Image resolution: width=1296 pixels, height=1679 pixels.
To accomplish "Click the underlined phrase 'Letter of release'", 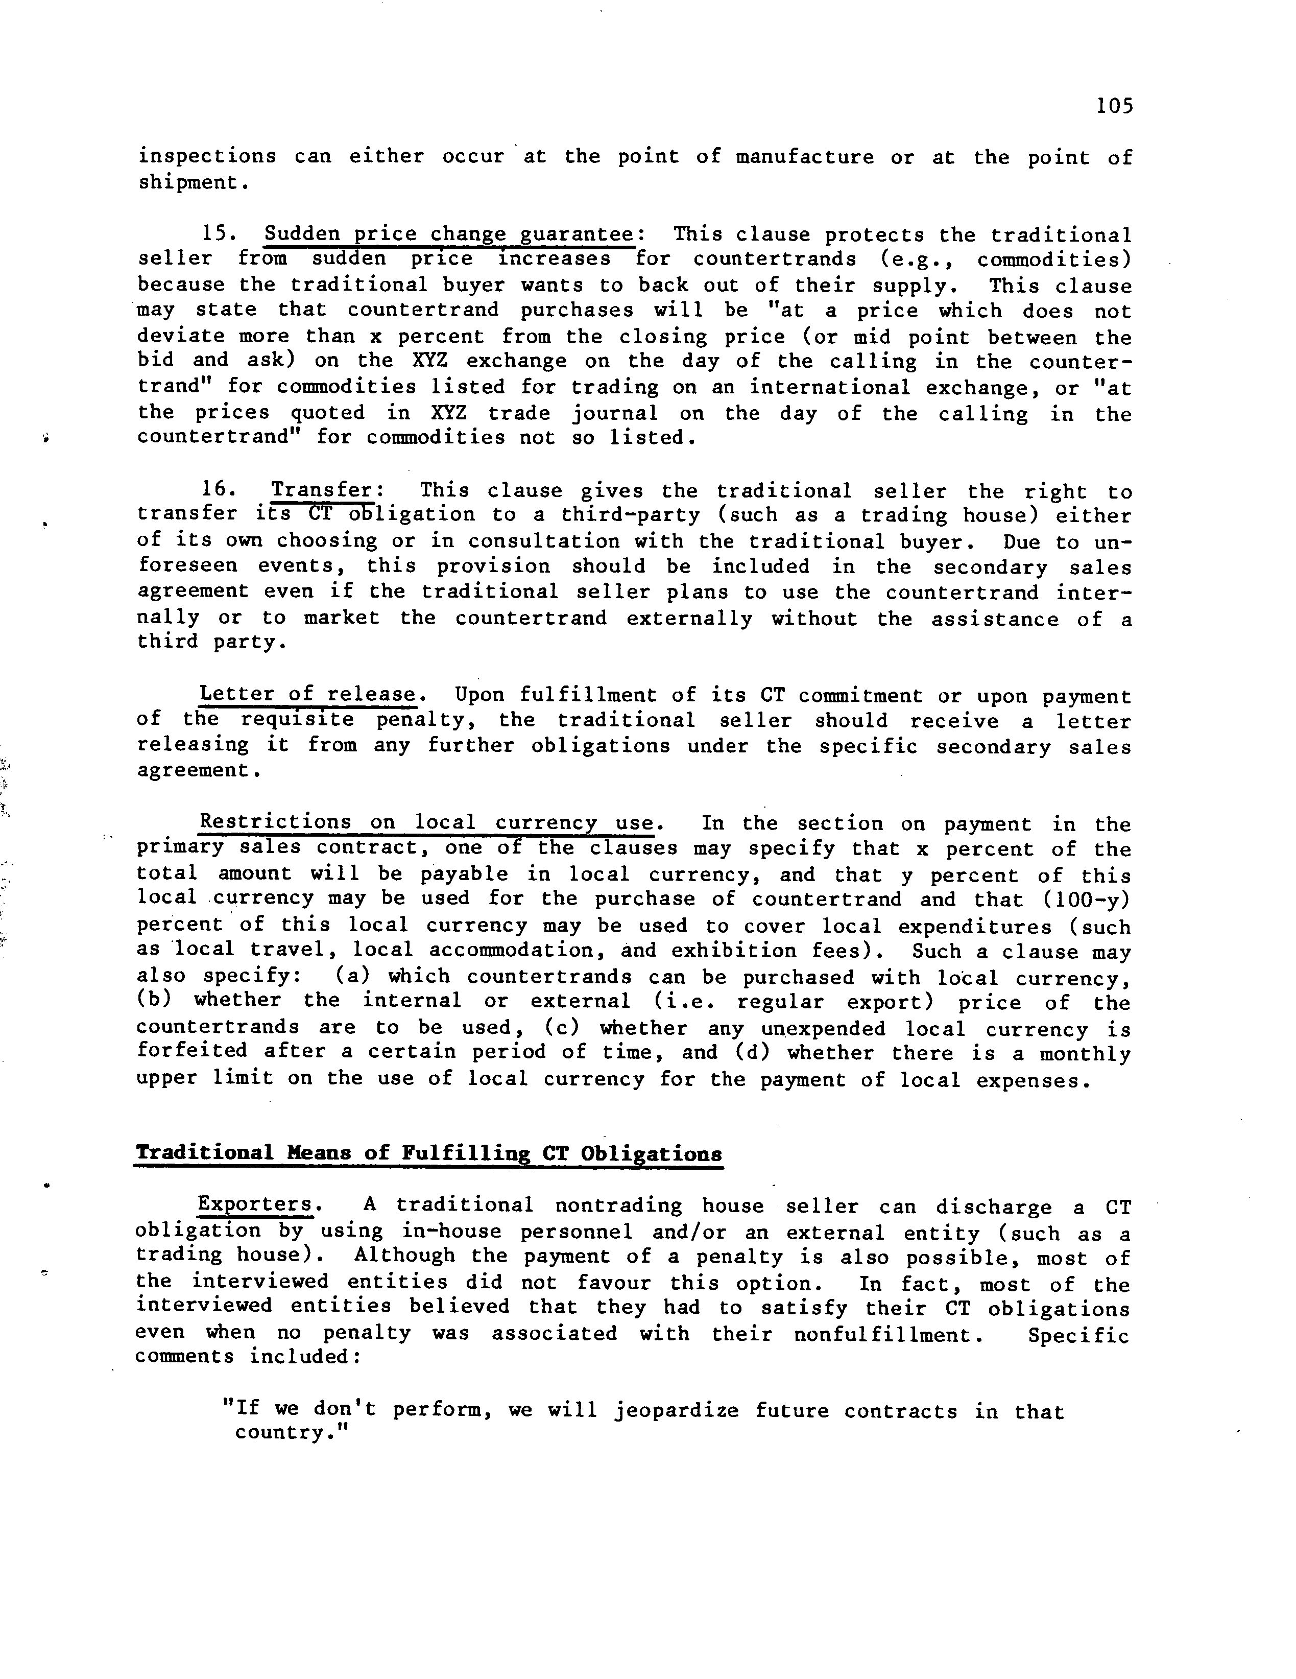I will (x=307, y=695).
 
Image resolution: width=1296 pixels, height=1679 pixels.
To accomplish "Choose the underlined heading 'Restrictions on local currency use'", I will (x=426, y=822).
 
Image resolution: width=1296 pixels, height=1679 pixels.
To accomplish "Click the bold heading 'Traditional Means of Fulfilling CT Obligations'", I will (x=428, y=1153).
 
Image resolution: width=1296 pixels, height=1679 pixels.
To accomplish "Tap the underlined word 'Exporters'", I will (x=255, y=1204).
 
